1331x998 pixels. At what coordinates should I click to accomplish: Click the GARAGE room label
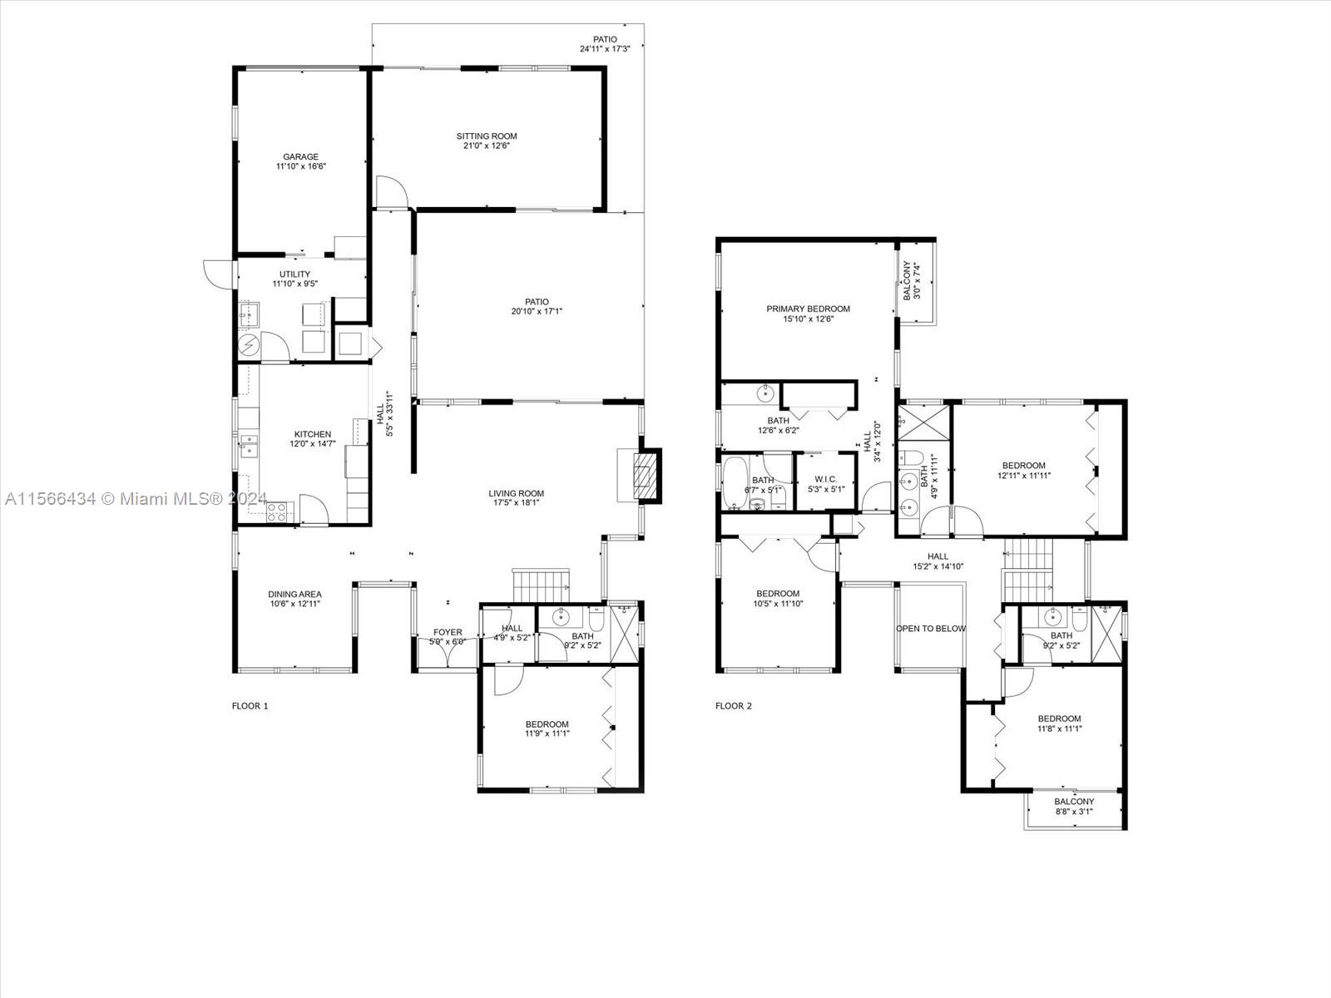point(301,157)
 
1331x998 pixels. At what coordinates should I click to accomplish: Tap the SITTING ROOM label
point(487,136)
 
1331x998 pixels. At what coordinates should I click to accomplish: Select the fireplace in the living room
point(644,476)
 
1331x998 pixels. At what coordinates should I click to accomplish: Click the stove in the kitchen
point(276,512)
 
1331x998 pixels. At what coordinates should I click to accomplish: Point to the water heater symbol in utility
point(249,345)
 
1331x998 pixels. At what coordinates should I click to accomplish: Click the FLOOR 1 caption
point(250,706)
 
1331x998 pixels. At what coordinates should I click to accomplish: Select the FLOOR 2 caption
point(733,706)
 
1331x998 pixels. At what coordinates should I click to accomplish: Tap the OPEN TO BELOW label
point(931,629)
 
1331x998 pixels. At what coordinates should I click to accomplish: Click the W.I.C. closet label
point(826,479)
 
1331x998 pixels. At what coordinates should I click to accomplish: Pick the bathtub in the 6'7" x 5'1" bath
point(735,483)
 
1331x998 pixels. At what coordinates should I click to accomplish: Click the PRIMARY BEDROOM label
point(808,309)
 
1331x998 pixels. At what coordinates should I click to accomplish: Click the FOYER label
point(448,632)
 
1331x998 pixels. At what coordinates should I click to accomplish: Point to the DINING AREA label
point(294,595)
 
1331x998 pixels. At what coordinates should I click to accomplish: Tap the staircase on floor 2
point(1028,571)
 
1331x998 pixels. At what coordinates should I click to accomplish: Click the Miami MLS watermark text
point(136,499)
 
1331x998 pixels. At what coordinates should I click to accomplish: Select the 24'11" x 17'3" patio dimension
point(605,49)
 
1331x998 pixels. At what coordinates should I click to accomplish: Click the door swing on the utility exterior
point(217,274)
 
